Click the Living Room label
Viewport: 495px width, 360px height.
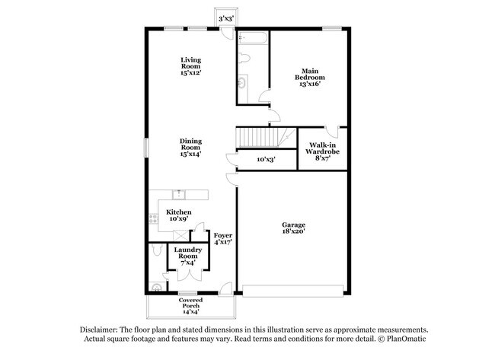click(x=190, y=66)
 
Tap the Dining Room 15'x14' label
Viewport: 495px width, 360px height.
click(x=190, y=147)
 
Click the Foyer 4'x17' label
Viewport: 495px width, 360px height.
click(x=222, y=239)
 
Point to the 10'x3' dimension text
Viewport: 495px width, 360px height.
click(x=265, y=160)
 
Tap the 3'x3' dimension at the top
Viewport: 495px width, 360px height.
click(x=226, y=18)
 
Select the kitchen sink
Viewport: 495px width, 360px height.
click(x=180, y=193)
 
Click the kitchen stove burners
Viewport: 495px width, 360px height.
click(x=153, y=219)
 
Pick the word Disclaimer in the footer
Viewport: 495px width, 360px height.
click(x=101, y=328)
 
